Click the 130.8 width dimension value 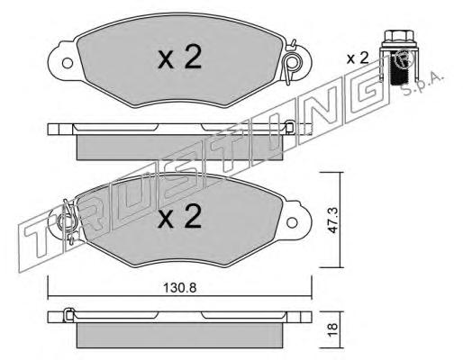coord(179,288)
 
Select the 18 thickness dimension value coord(332,329)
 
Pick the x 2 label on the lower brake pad coord(180,215)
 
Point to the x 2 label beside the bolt coord(358,58)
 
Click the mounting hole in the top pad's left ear coord(68,63)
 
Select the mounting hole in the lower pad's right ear coord(292,222)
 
